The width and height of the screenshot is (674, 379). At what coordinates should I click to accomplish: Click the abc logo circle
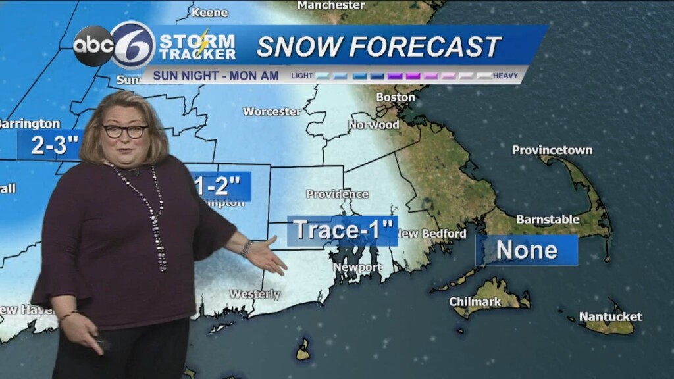(93, 46)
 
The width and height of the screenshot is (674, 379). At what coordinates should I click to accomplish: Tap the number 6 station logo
(133, 45)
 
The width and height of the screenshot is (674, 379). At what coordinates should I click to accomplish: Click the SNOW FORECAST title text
(378, 46)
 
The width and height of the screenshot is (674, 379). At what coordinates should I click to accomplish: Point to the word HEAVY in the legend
(505, 76)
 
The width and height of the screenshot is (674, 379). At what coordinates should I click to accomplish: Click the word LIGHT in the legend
(302, 76)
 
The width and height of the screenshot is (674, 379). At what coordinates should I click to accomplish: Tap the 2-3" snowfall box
(49, 145)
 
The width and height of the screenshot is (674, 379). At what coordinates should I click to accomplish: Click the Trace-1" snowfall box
(342, 230)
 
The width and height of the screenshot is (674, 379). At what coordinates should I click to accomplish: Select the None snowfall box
(527, 250)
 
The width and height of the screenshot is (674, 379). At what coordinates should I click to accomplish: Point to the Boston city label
(396, 97)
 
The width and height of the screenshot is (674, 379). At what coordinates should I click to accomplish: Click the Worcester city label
(272, 112)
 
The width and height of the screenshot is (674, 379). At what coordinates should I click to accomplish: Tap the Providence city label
(337, 194)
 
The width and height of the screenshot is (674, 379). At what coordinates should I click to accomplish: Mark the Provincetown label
(552, 150)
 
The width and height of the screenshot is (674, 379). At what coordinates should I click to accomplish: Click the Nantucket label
(610, 317)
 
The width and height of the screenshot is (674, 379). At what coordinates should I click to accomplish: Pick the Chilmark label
(475, 302)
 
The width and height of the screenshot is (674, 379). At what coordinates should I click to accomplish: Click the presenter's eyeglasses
(124, 131)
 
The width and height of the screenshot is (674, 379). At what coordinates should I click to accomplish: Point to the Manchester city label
(331, 5)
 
